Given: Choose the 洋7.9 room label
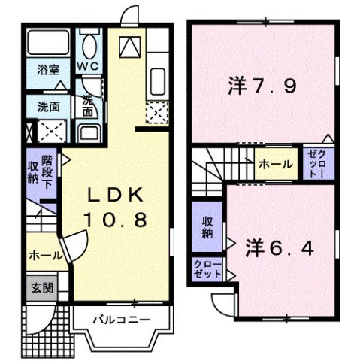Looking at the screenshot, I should point(260,86).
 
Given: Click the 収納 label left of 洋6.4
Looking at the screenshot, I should point(206,228).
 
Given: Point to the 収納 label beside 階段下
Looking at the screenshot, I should point(33,171).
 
